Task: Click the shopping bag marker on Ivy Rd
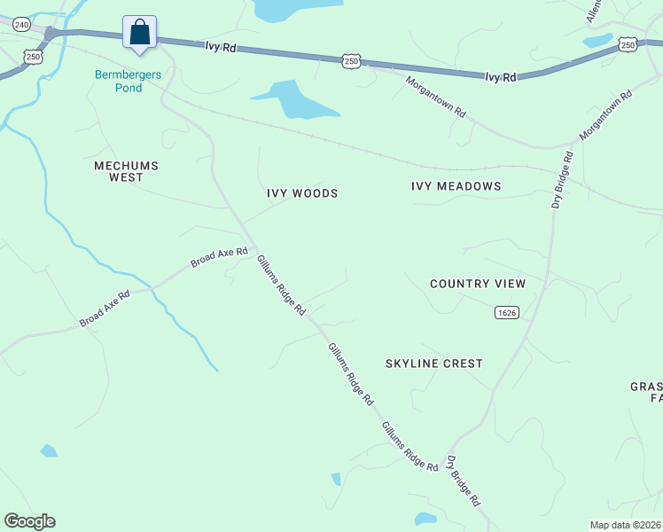click(x=140, y=33)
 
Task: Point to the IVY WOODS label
click(x=302, y=193)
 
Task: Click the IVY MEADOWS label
click(x=456, y=186)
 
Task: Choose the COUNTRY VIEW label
click(x=478, y=284)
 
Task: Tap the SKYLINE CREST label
click(x=434, y=364)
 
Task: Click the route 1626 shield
click(x=507, y=312)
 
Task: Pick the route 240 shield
click(x=21, y=25)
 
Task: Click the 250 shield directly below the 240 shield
click(x=33, y=57)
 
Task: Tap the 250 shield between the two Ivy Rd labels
click(x=351, y=60)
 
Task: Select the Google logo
click(x=29, y=521)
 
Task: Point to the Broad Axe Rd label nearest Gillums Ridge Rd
click(x=218, y=258)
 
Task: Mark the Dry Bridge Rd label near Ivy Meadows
click(x=562, y=180)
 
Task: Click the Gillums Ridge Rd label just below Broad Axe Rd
click(x=281, y=286)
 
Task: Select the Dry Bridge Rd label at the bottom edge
click(x=463, y=481)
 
